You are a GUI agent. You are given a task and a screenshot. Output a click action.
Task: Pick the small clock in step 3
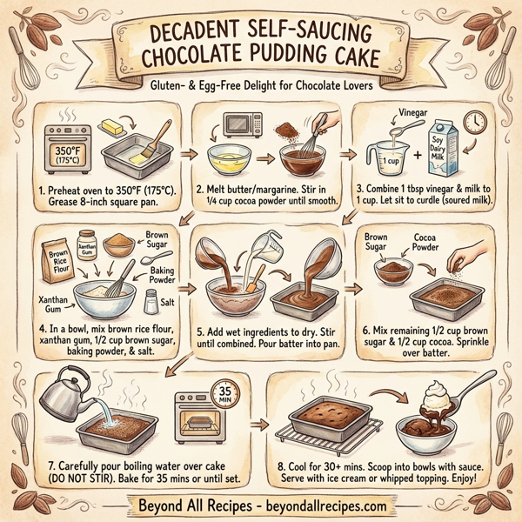pos(474,124)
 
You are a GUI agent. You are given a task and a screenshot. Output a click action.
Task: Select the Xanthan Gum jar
pos(87,247)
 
